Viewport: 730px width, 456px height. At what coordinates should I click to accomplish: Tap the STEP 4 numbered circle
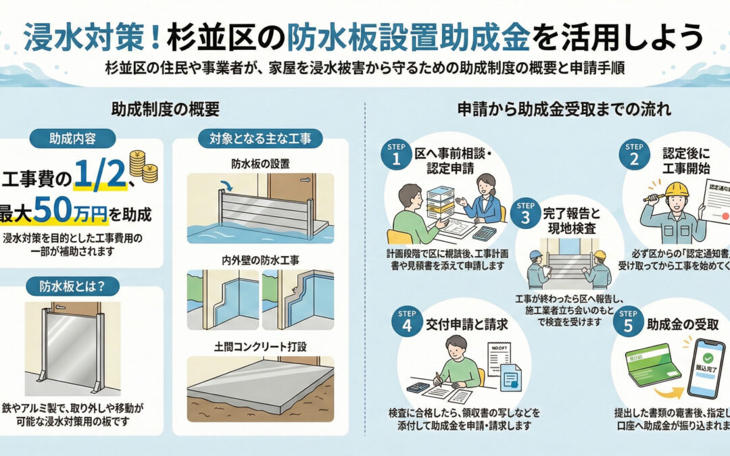406,324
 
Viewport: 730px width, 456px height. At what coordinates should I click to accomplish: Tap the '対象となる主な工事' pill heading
260,138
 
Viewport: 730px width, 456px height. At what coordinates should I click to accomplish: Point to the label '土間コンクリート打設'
260,347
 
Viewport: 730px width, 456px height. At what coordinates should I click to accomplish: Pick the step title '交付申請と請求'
466,324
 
